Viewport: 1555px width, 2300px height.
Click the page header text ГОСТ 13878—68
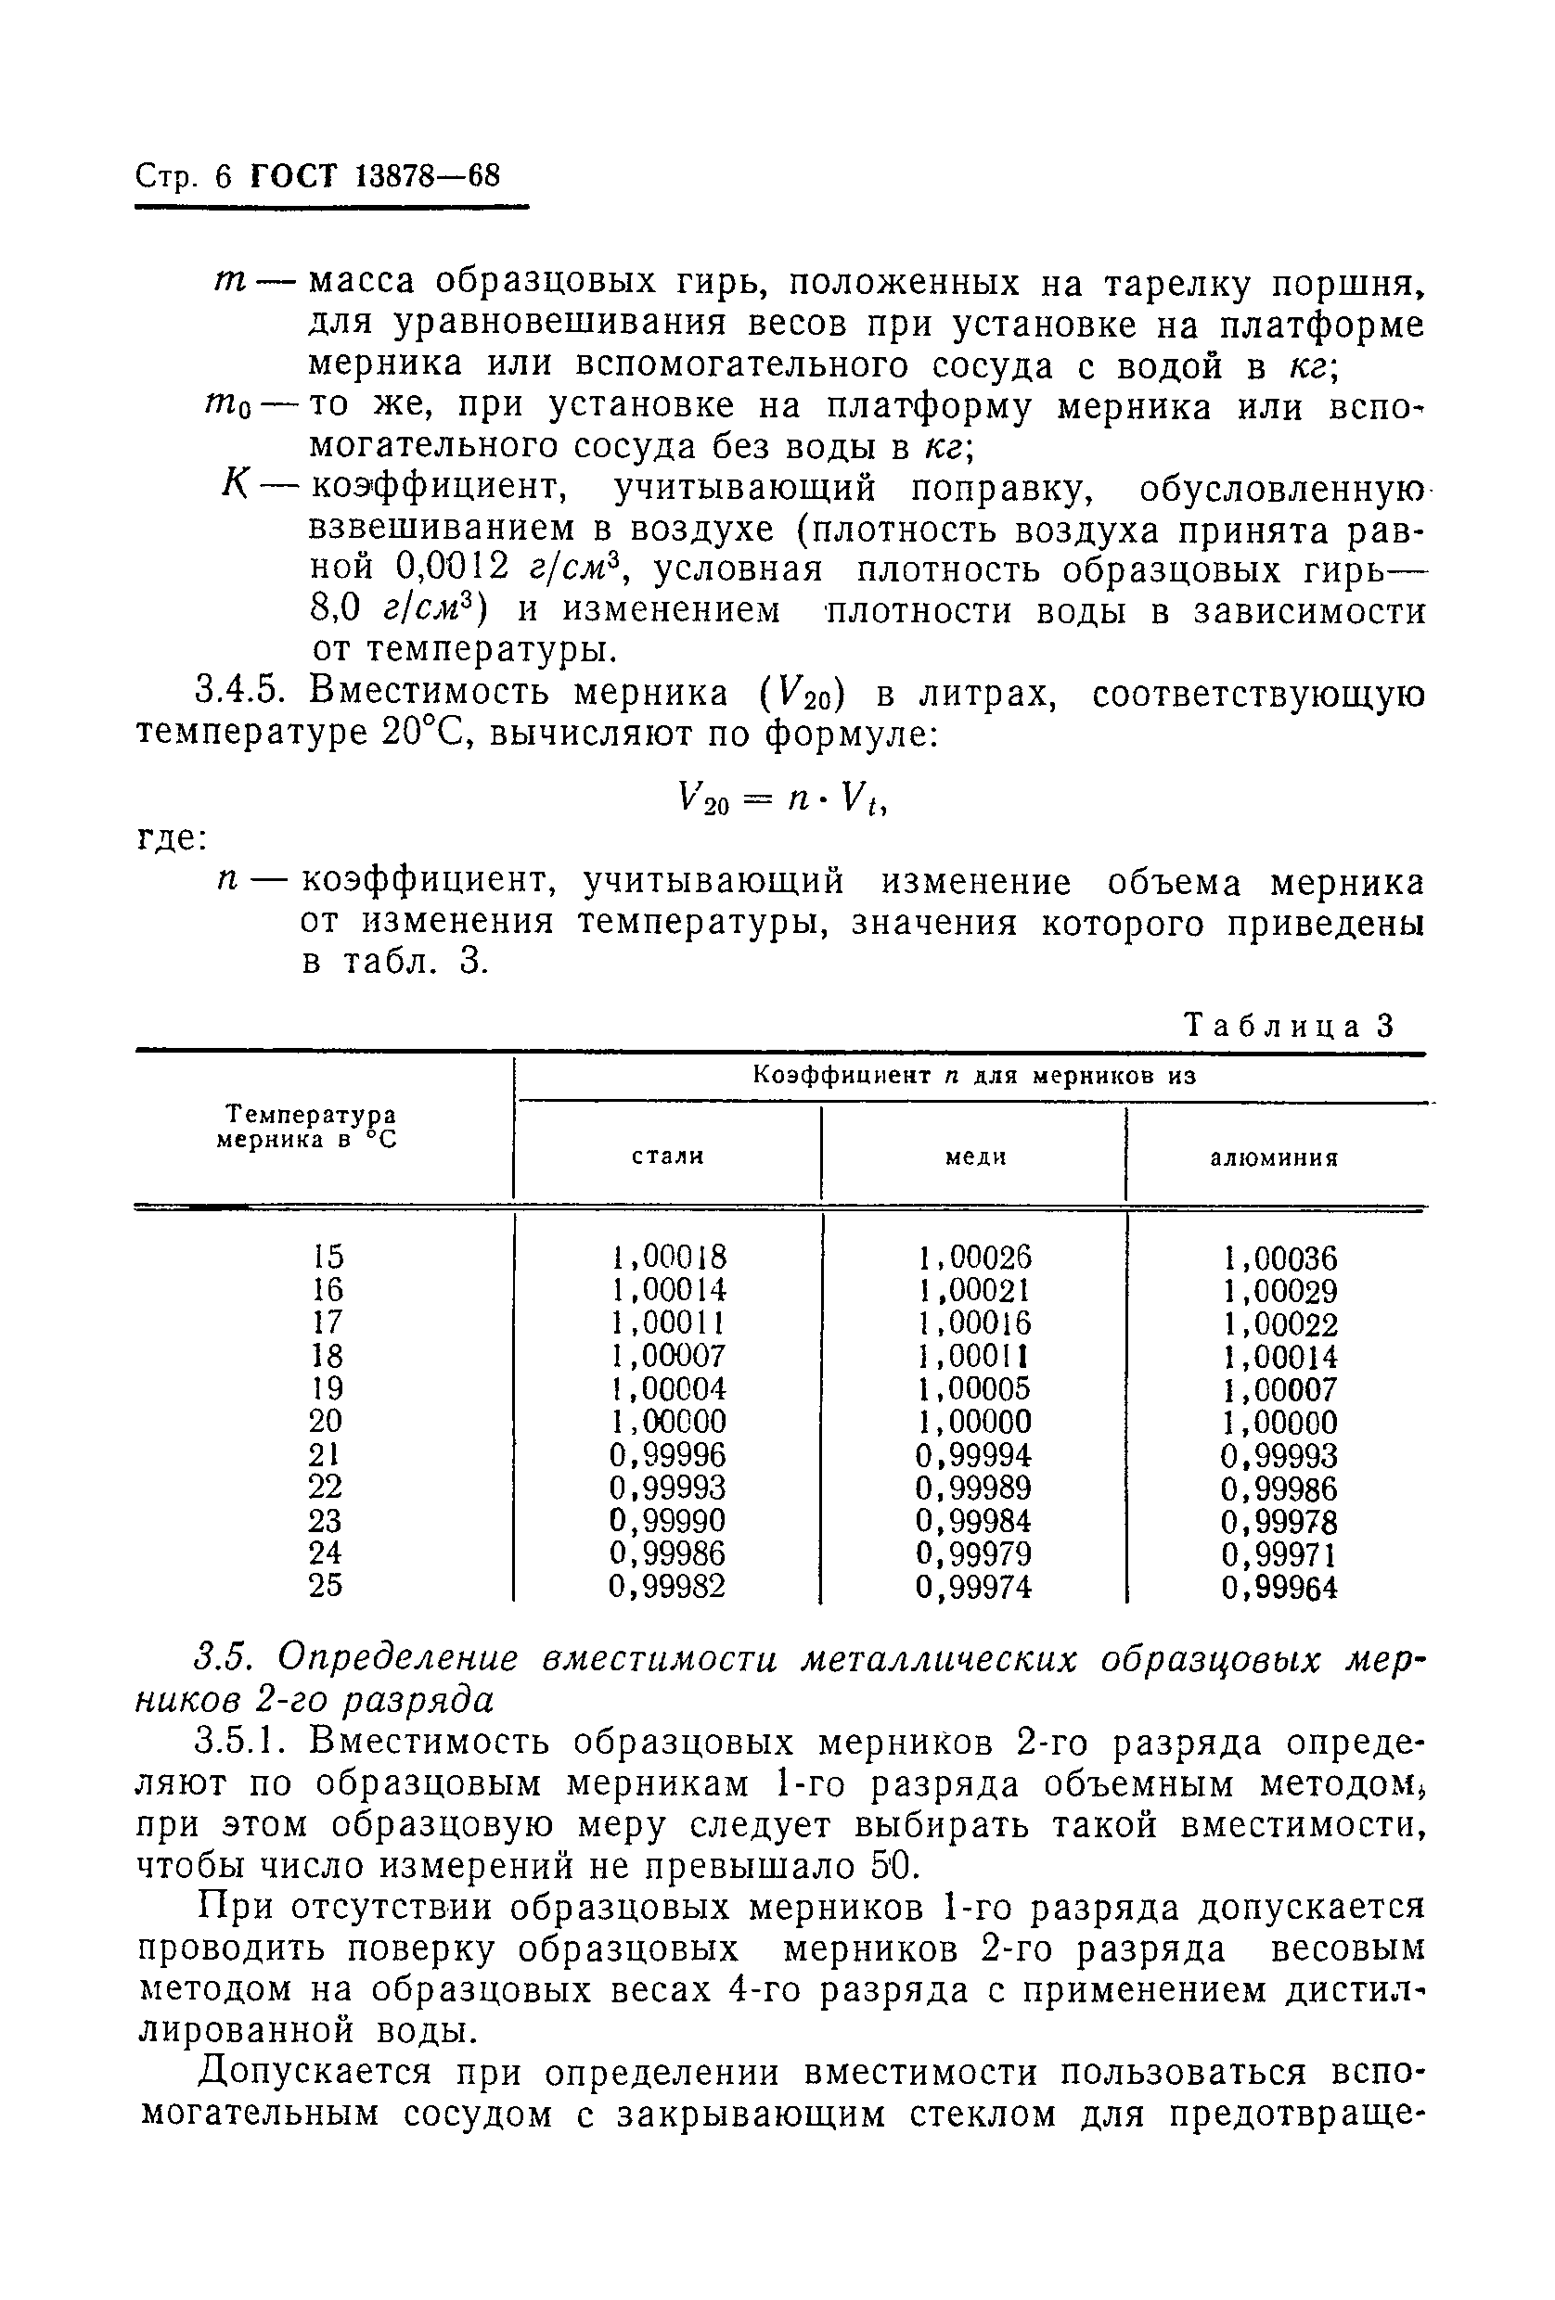coord(375,177)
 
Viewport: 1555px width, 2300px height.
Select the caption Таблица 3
coord(1288,1026)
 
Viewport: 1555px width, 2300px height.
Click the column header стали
coord(668,1156)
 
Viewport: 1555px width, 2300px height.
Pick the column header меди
coord(975,1156)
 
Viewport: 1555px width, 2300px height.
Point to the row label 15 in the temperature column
coord(327,1256)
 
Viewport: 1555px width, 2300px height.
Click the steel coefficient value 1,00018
coord(668,1257)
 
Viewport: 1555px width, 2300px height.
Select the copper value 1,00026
coord(975,1257)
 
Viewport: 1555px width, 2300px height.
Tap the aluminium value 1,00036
coord(1279,1258)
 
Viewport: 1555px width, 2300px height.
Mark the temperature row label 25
coord(326,1586)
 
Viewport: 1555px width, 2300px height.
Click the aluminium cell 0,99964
coord(1279,1588)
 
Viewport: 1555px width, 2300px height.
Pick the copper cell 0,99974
coord(974,1587)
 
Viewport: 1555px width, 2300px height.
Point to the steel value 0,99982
coord(667,1587)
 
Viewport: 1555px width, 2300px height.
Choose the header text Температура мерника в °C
coord(306,1126)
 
